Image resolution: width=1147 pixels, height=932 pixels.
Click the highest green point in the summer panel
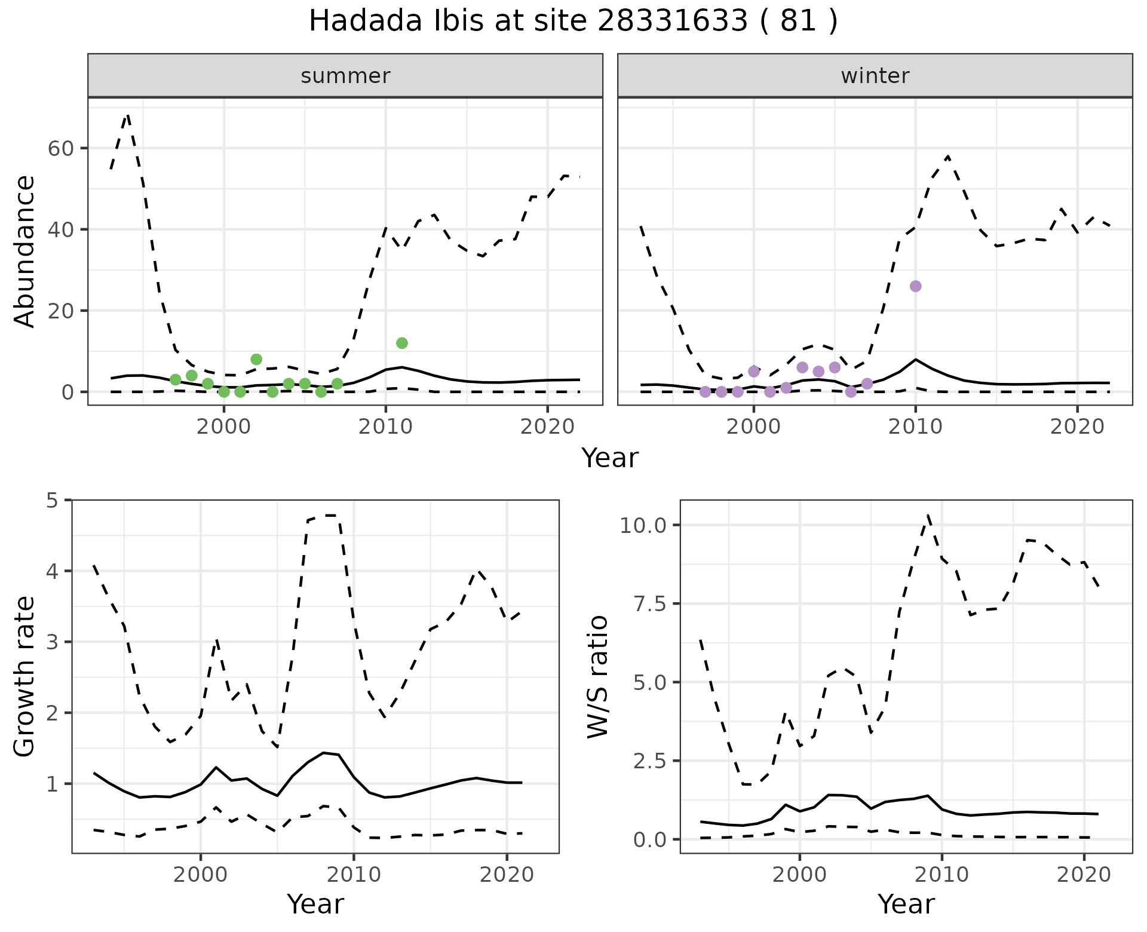[402, 343]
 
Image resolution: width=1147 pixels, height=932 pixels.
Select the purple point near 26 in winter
[915, 286]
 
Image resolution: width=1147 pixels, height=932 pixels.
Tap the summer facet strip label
[345, 76]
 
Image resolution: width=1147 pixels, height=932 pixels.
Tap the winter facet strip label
[875, 76]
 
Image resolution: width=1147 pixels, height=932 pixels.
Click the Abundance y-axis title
[25, 251]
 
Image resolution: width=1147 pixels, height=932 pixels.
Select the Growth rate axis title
[25, 676]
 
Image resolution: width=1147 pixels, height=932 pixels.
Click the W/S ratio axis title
[597, 676]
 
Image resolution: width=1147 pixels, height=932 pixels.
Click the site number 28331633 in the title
[672, 22]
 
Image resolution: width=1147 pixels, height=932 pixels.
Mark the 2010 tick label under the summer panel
[385, 427]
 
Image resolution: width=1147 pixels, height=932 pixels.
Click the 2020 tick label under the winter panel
[1077, 427]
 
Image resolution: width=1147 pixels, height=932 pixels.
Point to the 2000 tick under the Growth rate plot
[201, 875]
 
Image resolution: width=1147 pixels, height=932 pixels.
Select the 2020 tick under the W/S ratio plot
[1084, 875]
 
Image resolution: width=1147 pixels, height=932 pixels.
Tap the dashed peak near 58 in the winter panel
[948, 157]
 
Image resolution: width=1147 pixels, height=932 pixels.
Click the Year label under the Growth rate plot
[315, 904]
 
